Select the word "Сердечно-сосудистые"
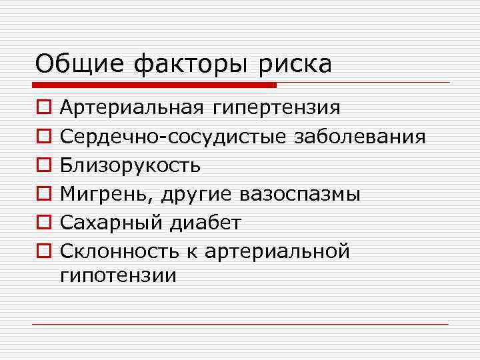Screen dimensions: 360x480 click(x=173, y=137)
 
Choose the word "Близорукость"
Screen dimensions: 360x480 click(x=129, y=165)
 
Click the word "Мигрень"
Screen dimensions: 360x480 click(x=99, y=194)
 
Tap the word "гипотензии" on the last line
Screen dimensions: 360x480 click(x=118, y=275)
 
